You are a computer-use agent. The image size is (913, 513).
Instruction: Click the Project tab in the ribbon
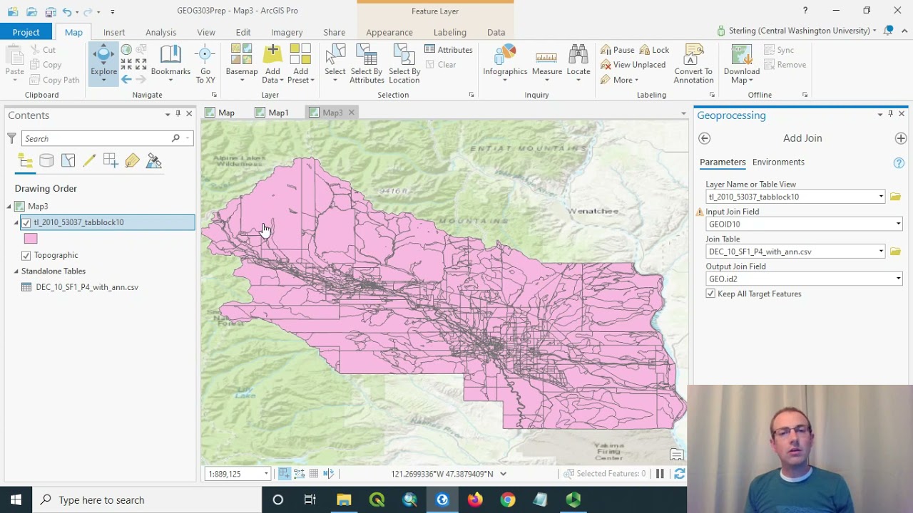(26, 32)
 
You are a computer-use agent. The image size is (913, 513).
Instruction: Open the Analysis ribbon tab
(160, 32)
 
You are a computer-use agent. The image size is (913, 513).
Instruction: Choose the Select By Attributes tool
(367, 64)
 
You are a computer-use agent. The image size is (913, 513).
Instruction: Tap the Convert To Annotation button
(693, 64)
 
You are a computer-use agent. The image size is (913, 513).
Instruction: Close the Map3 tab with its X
(351, 113)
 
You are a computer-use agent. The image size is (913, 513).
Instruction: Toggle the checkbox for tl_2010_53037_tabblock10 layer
(26, 222)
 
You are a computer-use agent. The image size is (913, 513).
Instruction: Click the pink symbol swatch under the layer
(31, 239)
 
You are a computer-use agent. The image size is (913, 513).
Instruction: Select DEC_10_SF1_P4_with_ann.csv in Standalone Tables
(87, 287)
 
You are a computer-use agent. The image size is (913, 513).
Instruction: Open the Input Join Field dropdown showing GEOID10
(803, 224)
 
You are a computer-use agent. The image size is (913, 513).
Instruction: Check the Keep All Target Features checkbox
(710, 294)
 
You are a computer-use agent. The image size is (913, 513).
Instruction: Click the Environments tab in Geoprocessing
(778, 162)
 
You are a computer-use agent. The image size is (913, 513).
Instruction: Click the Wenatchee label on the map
(593, 211)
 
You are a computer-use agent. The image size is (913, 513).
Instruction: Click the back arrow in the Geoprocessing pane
(705, 138)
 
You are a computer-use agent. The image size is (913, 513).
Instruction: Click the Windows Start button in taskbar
(16, 499)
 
